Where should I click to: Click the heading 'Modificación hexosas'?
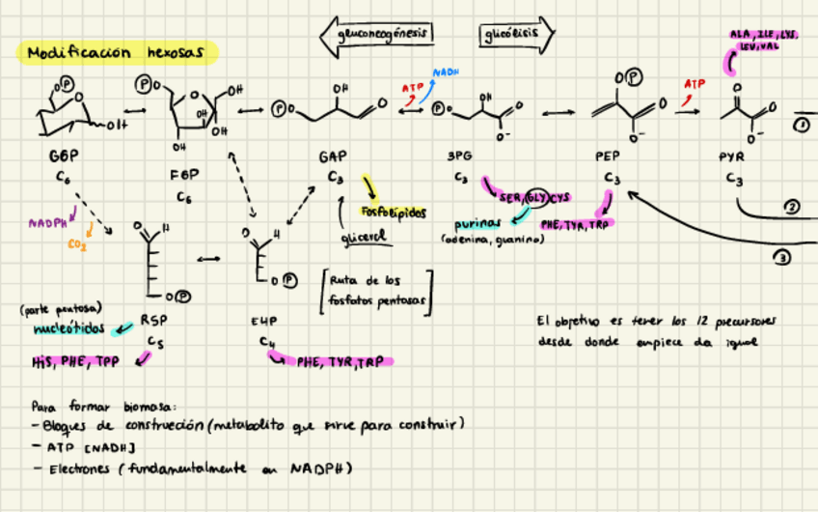[117, 52]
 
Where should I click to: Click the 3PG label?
[460, 156]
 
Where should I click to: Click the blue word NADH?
[446, 72]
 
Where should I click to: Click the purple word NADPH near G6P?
[47, 222]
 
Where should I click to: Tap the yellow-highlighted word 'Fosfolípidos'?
[393, 212]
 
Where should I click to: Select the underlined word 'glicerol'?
[363, 237]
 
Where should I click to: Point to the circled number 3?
[782, 256]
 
